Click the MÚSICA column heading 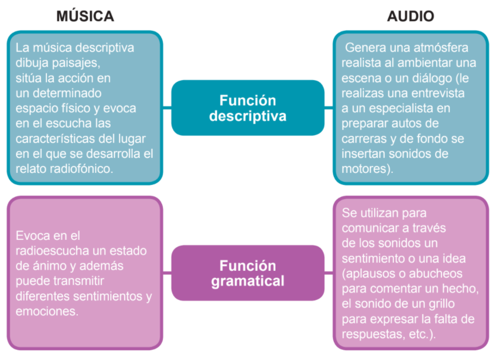[85, 16]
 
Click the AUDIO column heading [411, 16]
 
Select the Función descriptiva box [248, 108]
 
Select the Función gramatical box [248, 273]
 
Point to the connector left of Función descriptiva [167, 108]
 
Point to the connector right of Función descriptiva [329, 108]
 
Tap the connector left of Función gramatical [167, 273]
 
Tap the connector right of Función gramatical [329, 273]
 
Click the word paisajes [76, 63]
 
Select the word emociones [47, 311]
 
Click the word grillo [443, 304]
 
